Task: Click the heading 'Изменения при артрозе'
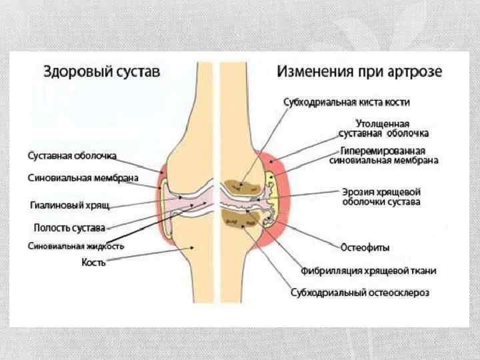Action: [359, 71]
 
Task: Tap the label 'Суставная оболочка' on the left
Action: [72, 155]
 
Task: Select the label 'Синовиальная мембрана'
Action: [83, 178]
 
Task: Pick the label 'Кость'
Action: [94, 263]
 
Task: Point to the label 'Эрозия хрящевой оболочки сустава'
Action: [381, 196]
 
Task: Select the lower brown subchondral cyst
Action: [236, 217]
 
